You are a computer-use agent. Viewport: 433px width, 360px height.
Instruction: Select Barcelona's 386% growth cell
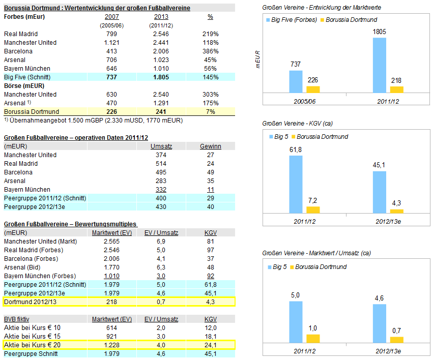[x=210, y=51]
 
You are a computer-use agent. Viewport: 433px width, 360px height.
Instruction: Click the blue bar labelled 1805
[x=380, y=65]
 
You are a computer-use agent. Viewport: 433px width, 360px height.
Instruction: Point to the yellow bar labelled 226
[x=313, y=89]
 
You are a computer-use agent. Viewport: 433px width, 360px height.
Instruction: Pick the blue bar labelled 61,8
[x=296, y=184]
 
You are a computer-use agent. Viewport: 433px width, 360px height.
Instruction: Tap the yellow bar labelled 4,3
[x=396, y=211]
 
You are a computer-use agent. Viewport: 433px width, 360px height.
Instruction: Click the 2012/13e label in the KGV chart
[x=388, y=221]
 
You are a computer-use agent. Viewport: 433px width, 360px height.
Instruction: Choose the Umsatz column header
[x=161, y=146]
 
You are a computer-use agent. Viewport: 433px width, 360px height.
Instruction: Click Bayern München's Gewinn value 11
[x=210, y=189]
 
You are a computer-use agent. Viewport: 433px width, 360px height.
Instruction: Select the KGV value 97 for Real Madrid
[x=210, y=250]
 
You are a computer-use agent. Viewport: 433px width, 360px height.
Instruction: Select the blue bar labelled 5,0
[x=296, y=323]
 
